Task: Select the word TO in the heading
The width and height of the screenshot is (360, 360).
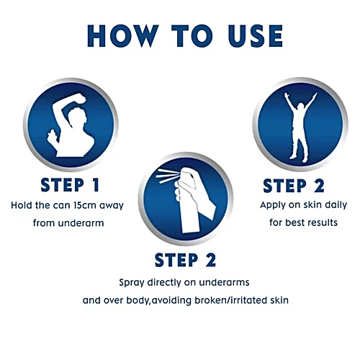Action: tap(192, 36)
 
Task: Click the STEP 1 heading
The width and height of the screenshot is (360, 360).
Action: tap(70, 185)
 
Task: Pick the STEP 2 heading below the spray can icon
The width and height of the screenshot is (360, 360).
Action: tap(185, 260)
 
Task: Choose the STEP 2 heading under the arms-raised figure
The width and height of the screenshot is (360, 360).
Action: tap(294, 186)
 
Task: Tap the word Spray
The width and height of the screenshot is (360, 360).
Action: tap(132, 283)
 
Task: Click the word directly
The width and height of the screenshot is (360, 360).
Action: tap(164, 283)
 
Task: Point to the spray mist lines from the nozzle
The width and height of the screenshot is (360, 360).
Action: tap(167, 176)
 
